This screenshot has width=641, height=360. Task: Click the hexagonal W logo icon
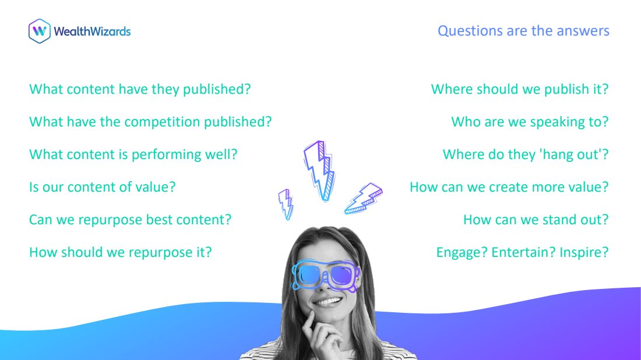point(40,31)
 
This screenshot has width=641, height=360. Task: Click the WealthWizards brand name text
point(92,31)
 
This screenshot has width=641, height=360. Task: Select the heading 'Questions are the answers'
point(523,31)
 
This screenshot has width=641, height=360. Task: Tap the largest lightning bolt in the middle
point(320,171)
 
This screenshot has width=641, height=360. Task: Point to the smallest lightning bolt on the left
point(286,204)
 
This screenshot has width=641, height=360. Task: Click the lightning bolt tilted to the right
point(364,198)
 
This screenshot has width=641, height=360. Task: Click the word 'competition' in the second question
point(163,122)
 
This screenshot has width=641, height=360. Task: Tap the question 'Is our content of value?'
point(102,187)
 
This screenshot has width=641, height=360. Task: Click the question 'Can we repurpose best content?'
point(130,220)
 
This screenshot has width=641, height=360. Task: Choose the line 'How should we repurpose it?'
point(120,253)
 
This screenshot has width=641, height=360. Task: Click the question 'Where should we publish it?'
point(520,89)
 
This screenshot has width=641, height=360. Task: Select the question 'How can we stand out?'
point(536,220)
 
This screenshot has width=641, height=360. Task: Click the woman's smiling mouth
point(327,302)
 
